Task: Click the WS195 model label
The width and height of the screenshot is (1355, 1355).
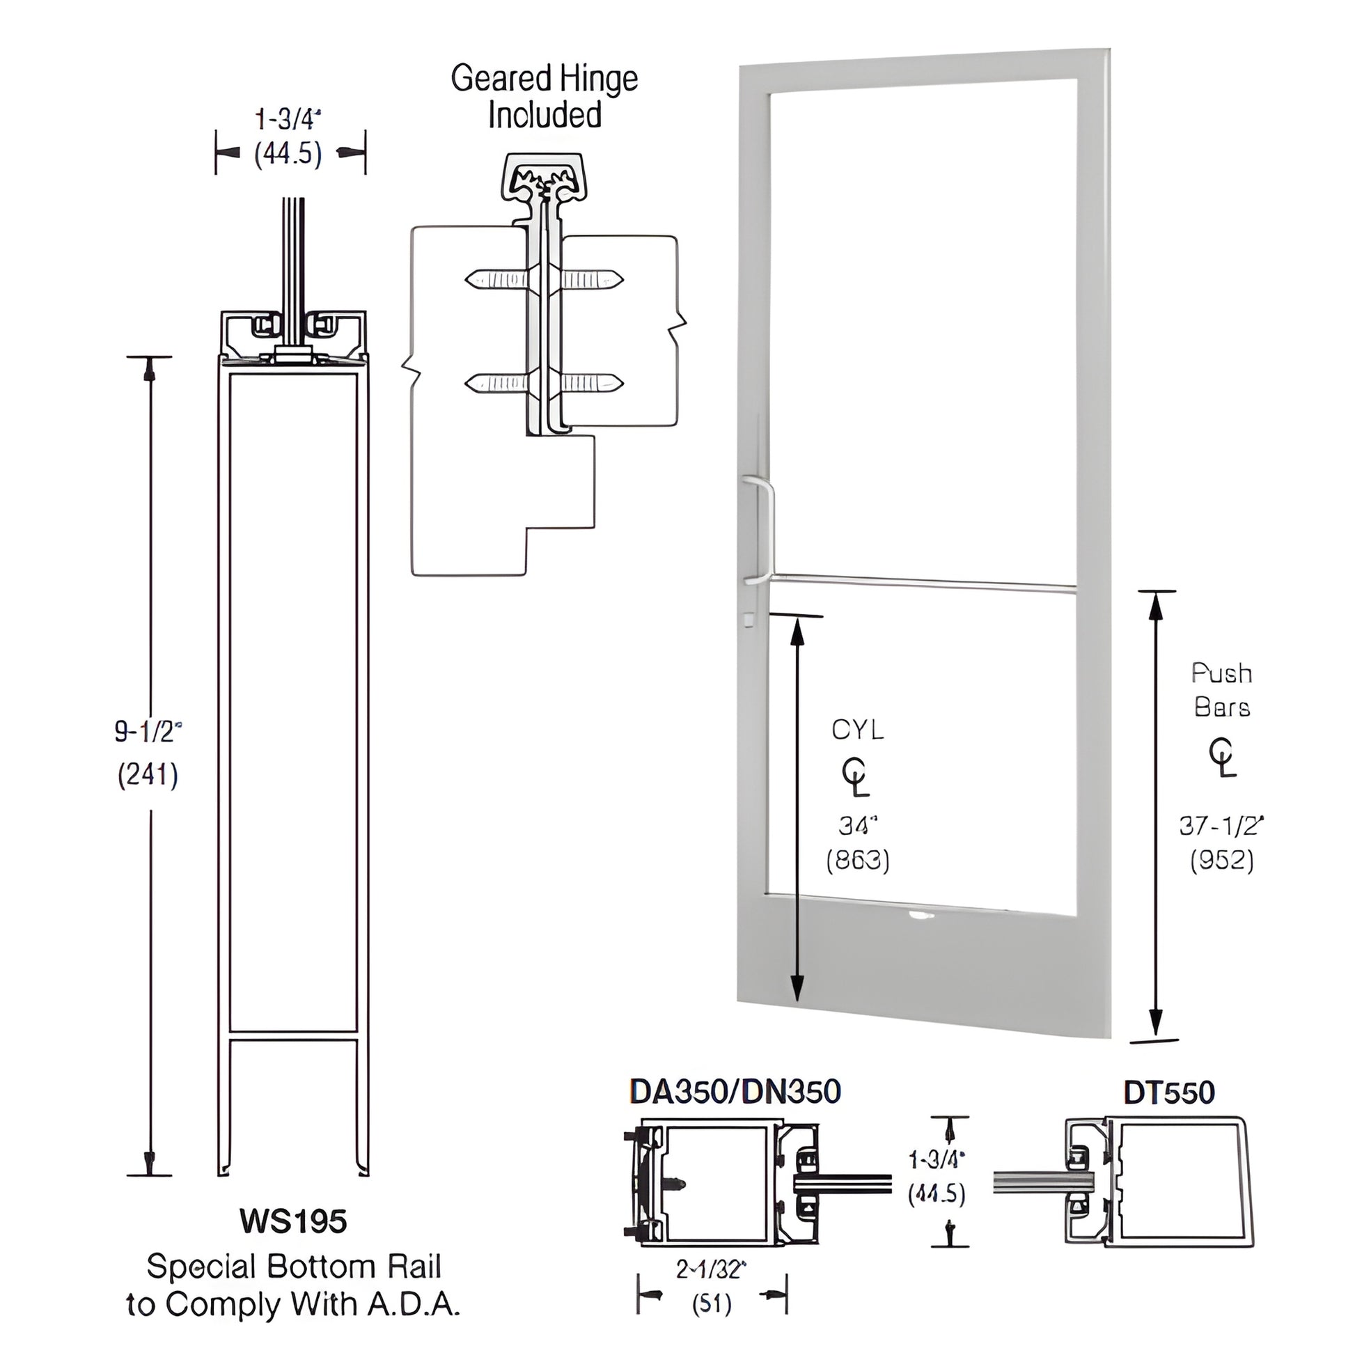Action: pyautogui.click(x=292, y=1221)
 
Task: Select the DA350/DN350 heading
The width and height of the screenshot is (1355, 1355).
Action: pyautogui.click(x=735, y=1091)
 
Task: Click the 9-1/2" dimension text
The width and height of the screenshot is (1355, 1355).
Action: pyautogui.click(x=148, y=732)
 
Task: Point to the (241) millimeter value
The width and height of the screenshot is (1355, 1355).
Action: pyautogui.click(x=148, y=775)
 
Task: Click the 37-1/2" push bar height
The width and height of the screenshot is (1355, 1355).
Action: pyautogui.click(x=1221, y=826)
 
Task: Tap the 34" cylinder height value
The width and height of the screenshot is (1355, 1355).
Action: pyautogui.click(x=858, y=827)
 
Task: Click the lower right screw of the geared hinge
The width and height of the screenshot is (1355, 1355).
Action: pyautogui.click(x=591, y=383)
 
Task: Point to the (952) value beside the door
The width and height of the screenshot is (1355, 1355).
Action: pyautogui.click(x=1221, y=861)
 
